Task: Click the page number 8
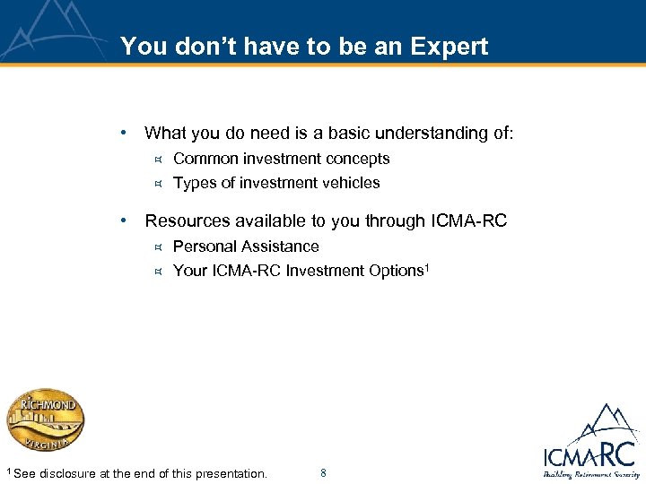[x=323, y=472]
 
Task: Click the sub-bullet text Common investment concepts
[x=281, y=159]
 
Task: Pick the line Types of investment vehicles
[x=275, y=183]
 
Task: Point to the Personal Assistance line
[x=245, y=246]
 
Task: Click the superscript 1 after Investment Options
[x=428, y=266]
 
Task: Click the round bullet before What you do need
[x=125, y=134]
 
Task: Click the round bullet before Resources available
[x=125, y=220]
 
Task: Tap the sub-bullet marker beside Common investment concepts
[x=156, y=160]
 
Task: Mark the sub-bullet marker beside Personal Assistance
[x=156, y=247]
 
